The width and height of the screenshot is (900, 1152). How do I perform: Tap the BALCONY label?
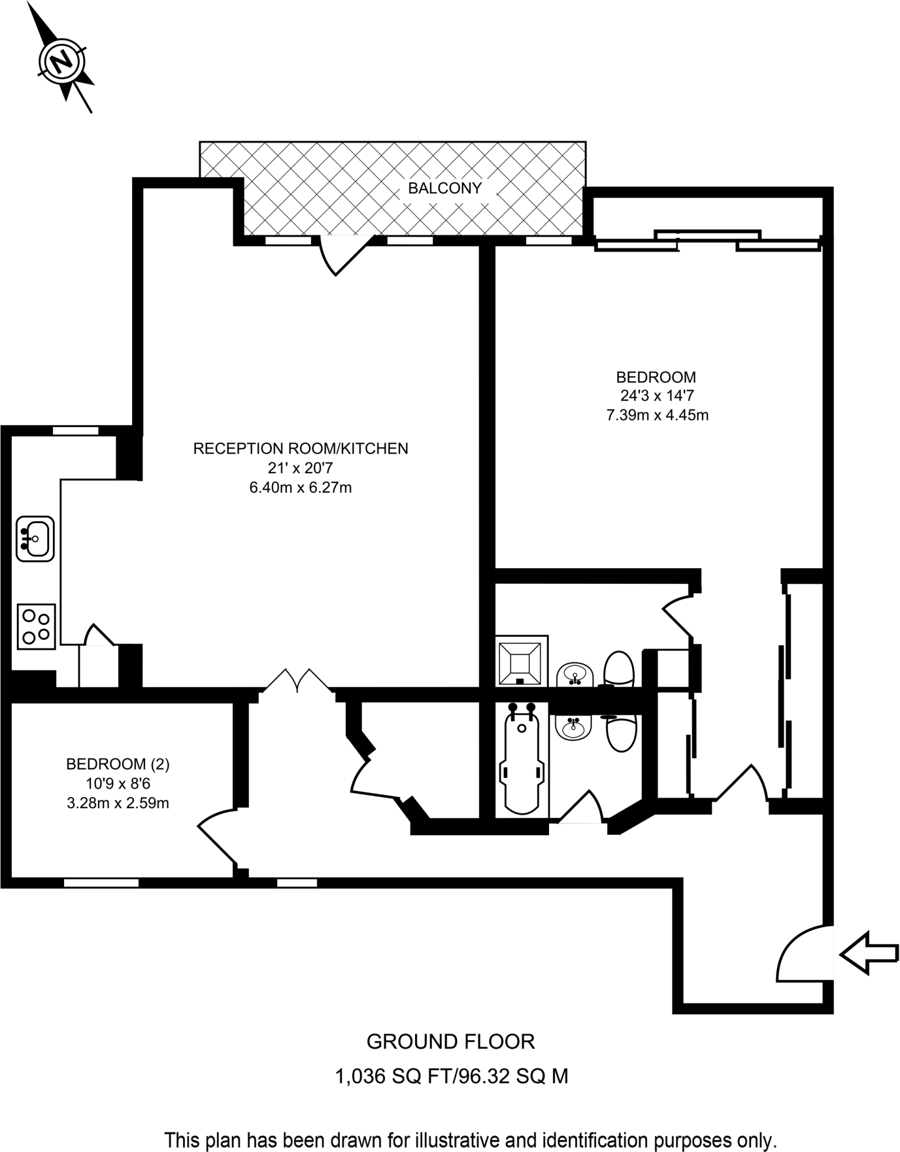point(444,188)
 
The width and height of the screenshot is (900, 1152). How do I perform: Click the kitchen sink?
point(35,538)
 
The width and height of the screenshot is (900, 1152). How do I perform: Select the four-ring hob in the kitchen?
point(36,627)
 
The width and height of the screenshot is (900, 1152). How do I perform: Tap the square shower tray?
point(521,661)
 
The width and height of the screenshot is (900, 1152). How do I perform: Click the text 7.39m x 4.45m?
point(656,415)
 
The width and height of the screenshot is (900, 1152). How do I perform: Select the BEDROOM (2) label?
point(118,764)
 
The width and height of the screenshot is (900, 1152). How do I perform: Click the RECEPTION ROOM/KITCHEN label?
point(300,448)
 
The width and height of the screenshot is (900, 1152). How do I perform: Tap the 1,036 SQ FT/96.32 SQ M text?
point(451,1076)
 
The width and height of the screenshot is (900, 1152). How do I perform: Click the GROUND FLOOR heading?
point(450,1042)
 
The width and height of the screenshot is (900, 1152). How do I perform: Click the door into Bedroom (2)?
point(217,836)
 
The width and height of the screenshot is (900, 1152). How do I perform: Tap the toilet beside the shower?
point(619,669)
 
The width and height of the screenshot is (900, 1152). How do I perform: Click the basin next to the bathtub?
point(573,728)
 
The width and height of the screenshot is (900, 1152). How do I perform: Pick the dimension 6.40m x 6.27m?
point(300,487)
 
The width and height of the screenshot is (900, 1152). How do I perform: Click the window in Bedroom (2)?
point(101,883)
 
